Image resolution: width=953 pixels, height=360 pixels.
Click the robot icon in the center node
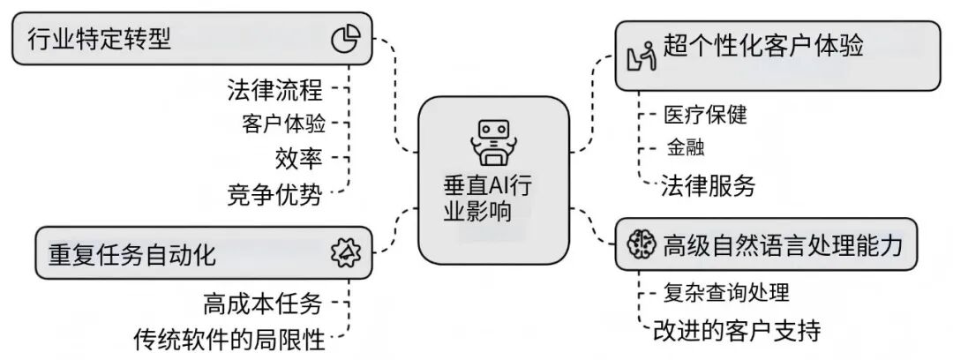492,140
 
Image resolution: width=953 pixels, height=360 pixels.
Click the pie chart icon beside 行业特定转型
345,39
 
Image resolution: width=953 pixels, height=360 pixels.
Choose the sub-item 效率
299,158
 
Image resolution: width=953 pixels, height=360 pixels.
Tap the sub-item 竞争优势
274,193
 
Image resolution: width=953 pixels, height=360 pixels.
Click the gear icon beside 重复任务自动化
345,253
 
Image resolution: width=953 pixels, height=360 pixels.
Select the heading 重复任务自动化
132,255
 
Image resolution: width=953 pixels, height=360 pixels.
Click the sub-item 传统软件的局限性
229,338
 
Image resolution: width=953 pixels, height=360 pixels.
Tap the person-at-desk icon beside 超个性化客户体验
640,53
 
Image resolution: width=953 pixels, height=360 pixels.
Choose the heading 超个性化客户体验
762,46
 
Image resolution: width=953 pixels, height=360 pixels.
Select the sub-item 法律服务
709,186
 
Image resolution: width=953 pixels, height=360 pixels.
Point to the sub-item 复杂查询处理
726,291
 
